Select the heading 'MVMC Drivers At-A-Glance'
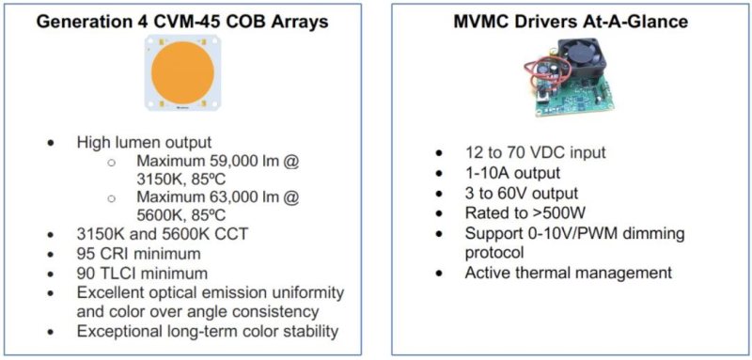pos(569,21)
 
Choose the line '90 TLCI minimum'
pos(142,273)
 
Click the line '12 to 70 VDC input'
pos(535,153)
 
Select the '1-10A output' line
pos(511,173)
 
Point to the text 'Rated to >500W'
pos(521,212)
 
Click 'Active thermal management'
pos(568,273)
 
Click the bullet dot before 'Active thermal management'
pos(439,274)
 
